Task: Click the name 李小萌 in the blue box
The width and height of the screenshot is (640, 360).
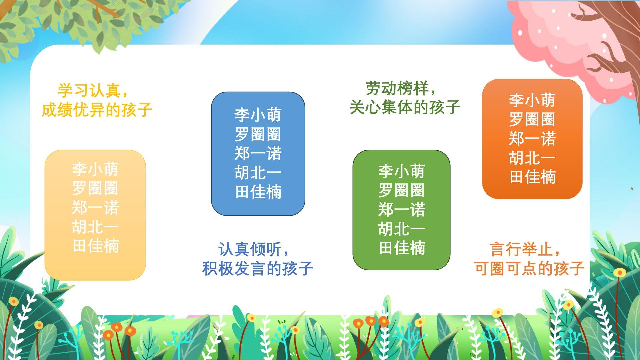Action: pyautogui.click(x=258, y=115)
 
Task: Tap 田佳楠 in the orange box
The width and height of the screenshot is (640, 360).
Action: pyautogui.click(x=532, y=177)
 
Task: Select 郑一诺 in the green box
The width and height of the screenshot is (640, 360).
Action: pyautogui.click(x=402, y=210)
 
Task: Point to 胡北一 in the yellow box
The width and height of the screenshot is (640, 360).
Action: pyautogui.click(x=95, y=227)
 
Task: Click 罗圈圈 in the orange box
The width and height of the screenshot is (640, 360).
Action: pyautogui.click(x=532, y=119)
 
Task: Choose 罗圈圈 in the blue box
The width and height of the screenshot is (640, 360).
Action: pyautogui.click(x=258, y=134)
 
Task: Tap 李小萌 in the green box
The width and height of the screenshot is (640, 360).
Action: pyautogui.click(x=402, y=171)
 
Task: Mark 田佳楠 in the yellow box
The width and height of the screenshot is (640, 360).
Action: pyautogui.click(x=95, y=246)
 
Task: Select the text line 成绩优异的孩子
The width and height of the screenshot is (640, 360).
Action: pyautogui.click(x=97, y=109)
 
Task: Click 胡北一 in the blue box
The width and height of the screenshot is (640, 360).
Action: pyautogui.click(x=258, y=173)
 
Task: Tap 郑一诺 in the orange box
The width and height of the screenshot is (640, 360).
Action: pyautogui.click(x=532, y=139)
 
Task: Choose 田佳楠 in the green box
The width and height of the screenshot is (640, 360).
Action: pyautogui.click(x=402, y=248)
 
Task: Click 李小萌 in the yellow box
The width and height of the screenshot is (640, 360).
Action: pyautogui.click(x=95, y=169)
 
